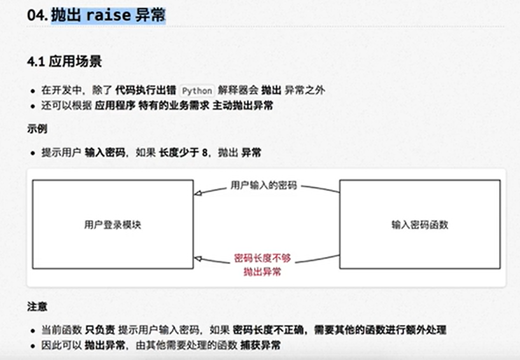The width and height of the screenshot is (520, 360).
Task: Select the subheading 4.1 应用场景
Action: (64, 62)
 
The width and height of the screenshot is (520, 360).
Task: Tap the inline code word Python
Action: (197, 90)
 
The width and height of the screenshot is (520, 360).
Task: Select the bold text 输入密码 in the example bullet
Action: (104, 153)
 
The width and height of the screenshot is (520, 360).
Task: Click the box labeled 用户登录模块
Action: (113, 225)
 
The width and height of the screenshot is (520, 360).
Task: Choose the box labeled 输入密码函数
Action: (419, 225)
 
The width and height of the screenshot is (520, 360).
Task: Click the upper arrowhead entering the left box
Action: (198, 191)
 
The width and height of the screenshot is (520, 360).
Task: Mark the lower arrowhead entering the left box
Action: (198, 258)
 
